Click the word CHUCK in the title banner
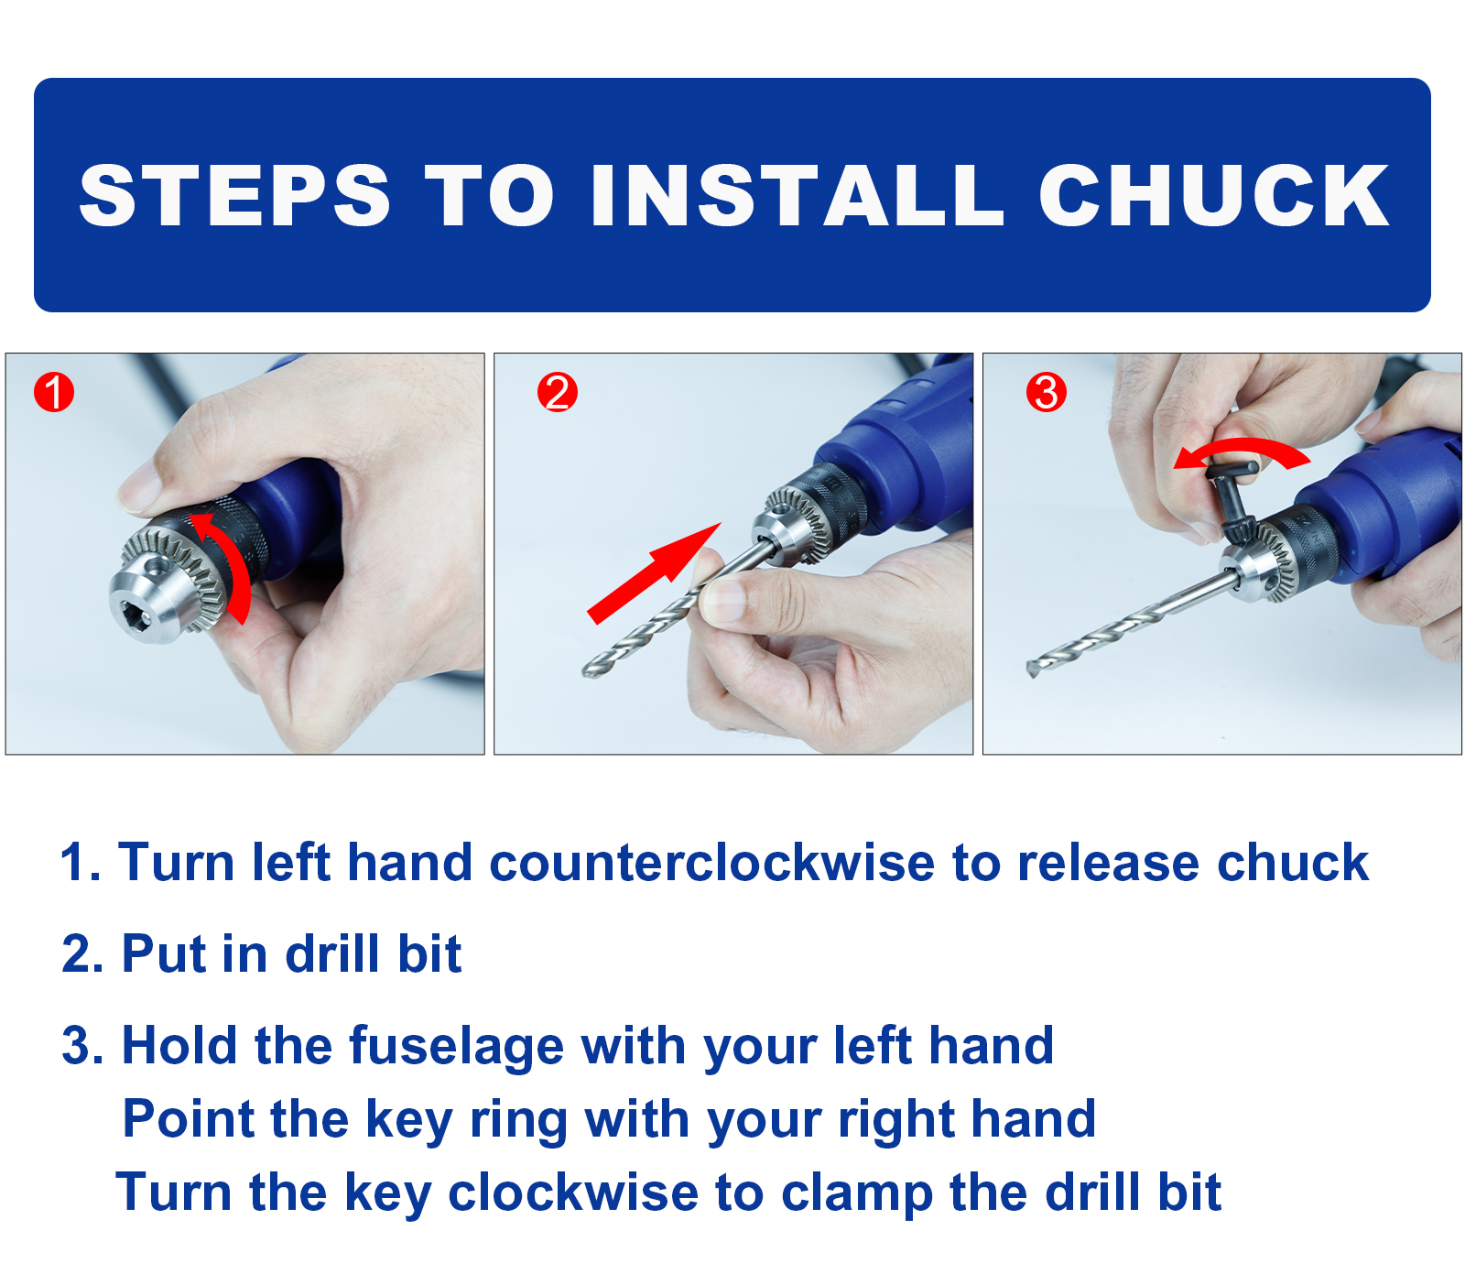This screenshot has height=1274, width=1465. point(1214,195)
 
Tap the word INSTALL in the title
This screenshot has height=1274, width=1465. point(798,195)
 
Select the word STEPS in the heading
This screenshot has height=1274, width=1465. point(235,195)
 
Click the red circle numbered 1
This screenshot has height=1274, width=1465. point(54,392)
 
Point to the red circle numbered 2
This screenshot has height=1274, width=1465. point(558,392)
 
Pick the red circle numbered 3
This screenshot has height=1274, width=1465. point(1047,392)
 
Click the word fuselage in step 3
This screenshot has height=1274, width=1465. point(456,1047)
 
